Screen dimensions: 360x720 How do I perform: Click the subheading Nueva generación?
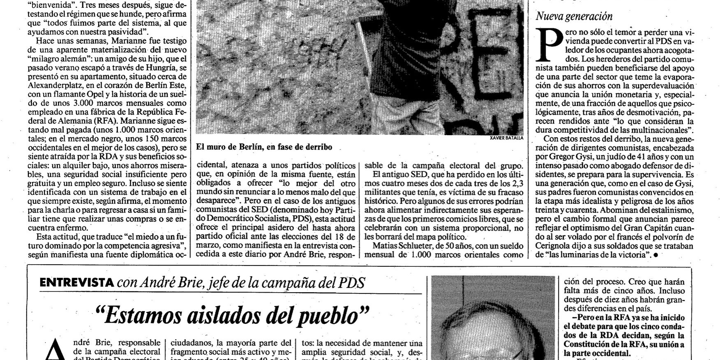click(x=574, y=16)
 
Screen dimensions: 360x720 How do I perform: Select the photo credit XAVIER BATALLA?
click(x=507, y=138)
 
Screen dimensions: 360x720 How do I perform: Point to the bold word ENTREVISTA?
click(x=77, y=282)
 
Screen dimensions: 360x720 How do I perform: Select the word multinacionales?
click(x=662, y=130)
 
